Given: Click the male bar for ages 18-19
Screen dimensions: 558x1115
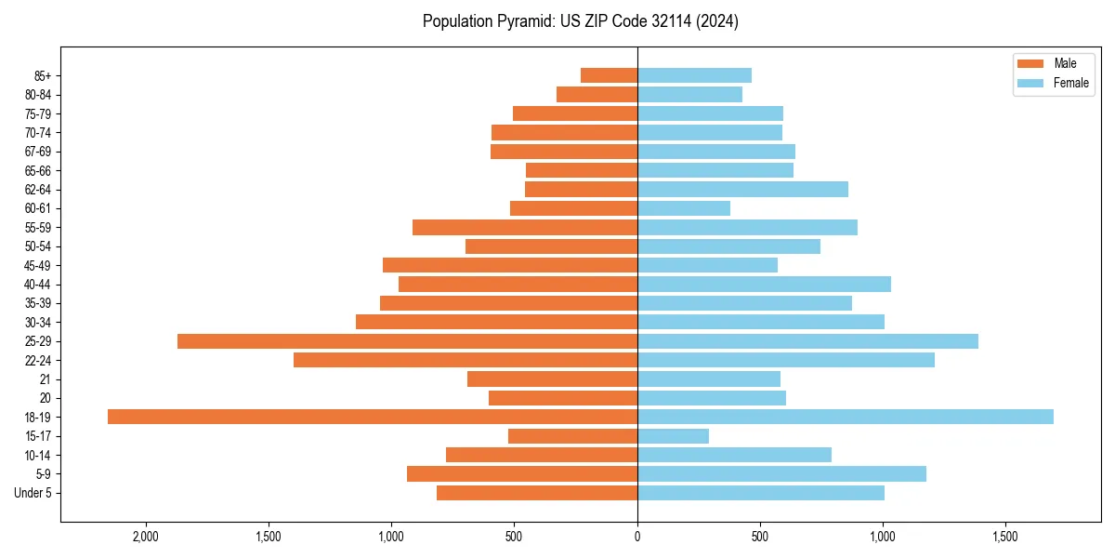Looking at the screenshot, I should pyautogui.click(x=372, y=417).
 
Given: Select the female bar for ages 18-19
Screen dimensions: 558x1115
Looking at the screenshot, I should pyautogui.click(x=846, y=417).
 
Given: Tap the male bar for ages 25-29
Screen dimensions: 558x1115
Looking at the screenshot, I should pyautogui.click(x=407, y=341).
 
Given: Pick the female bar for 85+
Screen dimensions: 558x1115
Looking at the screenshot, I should pyautogui.click(x=694, y=75).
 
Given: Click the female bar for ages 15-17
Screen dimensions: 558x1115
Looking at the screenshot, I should pyautogui.click(x=673, y=436).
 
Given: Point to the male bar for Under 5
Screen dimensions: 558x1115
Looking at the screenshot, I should pyautogui.click(x=537, y=493).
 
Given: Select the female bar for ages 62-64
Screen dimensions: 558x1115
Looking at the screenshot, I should pyautogui.click(x=742, y=190).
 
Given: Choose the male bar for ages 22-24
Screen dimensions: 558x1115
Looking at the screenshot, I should pyautogui.click(x=465, y=360).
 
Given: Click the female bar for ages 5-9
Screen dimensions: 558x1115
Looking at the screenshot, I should pyautogui.click(x=781, y=474).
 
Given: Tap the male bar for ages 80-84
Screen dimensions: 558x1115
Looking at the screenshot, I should pyautogui.click(x=597, y=95).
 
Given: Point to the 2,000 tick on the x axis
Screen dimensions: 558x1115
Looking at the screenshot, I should pyautogui.click(x=145, y=537).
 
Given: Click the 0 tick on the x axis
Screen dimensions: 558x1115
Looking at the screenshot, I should pyautogui.click(x=637, y=537).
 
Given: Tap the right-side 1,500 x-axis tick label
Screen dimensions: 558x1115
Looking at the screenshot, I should pyautogui.click(x=1005, y=537).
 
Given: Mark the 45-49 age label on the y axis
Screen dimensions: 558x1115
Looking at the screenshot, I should pyautogui.click(x=38, y=266).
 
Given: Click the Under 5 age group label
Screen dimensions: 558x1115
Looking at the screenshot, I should pyautogui.click(x=33, y=493).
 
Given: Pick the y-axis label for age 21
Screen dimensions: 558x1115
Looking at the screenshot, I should pyautogui.click(x=45, y=379).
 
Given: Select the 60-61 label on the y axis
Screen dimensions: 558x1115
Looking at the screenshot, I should pyautogui.click(x=38, y=208).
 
